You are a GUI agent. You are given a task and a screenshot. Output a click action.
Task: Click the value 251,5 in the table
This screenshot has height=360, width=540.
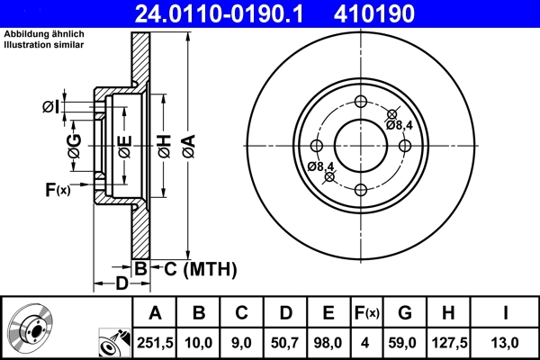tap(155, 341)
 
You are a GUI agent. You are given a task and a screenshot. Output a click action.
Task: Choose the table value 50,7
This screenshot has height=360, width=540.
tap(284, 341)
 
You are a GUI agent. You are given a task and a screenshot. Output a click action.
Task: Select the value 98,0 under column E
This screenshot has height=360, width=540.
tap(328, 341)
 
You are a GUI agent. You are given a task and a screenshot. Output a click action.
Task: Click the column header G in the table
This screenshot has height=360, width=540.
tap(404, 313)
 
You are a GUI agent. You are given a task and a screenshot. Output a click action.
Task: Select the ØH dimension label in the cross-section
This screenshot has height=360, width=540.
tap(164, 144)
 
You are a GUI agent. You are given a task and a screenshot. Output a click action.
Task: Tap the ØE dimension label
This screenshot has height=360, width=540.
tap(125, 144)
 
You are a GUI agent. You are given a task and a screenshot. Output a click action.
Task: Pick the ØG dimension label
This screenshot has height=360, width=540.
tap(75, 144)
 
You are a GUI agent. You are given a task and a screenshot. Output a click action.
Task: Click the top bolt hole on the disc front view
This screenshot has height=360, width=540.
tap(361, 101)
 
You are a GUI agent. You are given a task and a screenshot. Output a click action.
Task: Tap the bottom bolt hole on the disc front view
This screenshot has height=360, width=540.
tap(361, 189)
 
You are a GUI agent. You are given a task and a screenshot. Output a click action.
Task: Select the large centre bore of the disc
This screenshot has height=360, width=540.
tap(361, 145)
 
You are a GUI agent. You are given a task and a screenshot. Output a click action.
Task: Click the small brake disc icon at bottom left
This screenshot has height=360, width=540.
tap(31, 328)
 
